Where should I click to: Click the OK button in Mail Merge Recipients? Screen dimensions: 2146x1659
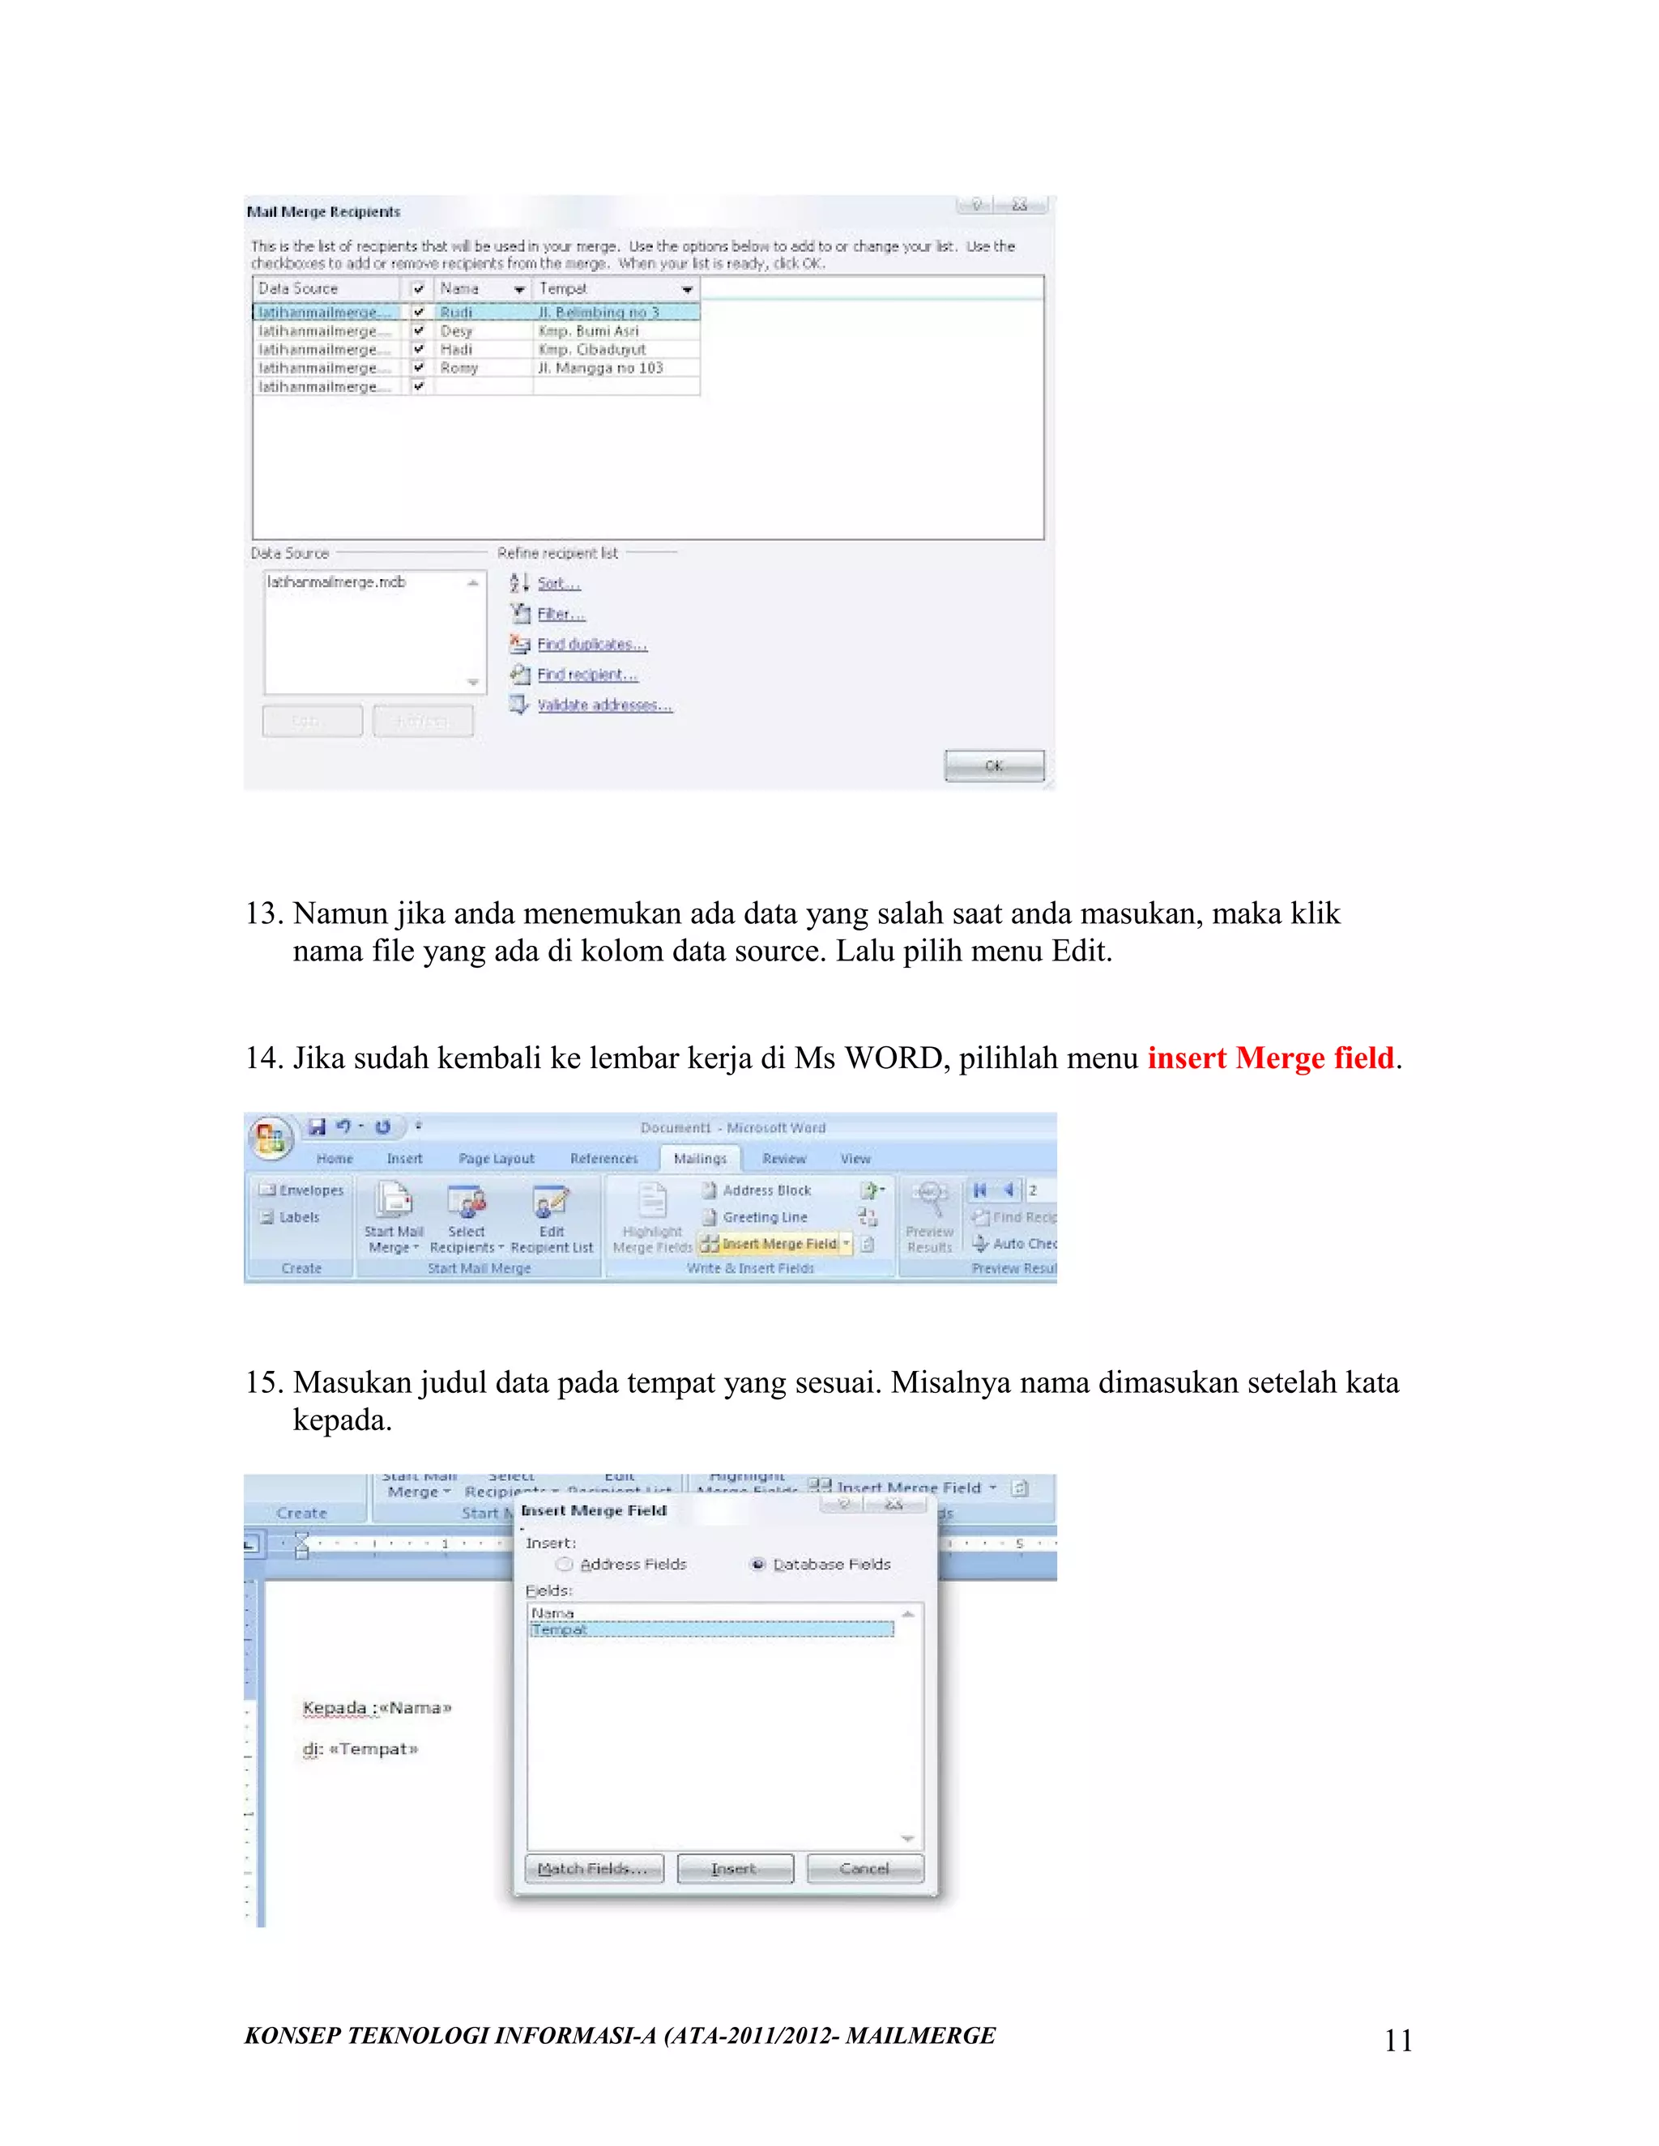(x=994, y=765)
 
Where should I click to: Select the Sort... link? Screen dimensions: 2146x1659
(x=558, y=584)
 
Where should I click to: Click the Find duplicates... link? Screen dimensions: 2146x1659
(x=591, y=645)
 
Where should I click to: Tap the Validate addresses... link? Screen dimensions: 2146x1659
(x=603, y=705)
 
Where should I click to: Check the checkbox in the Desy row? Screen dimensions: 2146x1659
(x=419, y=331)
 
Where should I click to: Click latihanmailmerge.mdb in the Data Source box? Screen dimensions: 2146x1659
(x=336, y=583)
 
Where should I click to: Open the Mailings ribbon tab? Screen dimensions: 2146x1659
(x=700, y=1159)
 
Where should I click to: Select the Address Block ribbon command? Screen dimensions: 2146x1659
(x=766, y=1190)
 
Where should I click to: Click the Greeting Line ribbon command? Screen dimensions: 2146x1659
(x=764, y=1217)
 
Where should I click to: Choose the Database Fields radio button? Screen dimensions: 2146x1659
(x=757, y=1565)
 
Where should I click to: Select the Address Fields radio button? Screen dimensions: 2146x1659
(x=564, y=1565)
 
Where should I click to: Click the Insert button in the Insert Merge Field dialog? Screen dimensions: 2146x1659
(x=734, y=1869)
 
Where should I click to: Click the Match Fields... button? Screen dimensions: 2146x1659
(x=594, y=1869)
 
